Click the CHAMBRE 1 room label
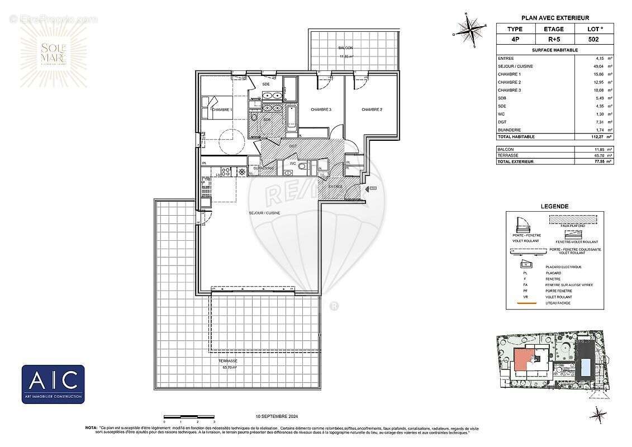point(222,110)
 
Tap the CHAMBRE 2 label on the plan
point(372,110)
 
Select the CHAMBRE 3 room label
point(321,110)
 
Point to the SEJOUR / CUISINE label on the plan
point(264,213)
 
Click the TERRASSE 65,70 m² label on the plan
point(227,364)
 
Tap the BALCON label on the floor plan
point(345,49)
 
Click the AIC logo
point(53,384)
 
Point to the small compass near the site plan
point(598,415)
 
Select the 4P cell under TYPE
point(515,40)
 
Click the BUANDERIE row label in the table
point(509,129)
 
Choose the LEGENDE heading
point(555,206)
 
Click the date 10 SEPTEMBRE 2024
point(274,416)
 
